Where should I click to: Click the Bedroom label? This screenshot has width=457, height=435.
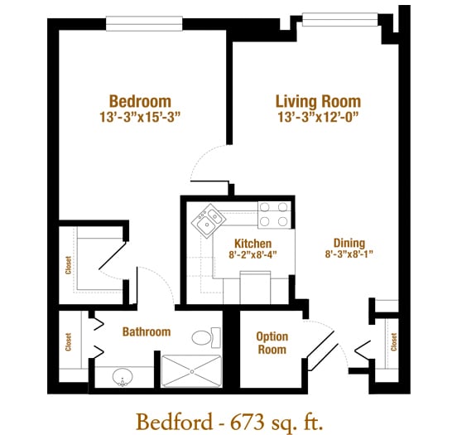pos(140,101)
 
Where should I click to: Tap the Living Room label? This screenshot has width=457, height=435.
pos(318,102)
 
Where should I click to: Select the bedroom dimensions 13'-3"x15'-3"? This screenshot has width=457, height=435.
pos(140,117)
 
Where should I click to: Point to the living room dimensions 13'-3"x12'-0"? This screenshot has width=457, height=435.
pos(318,117)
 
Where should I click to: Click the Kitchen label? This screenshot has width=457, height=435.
pos(253,244)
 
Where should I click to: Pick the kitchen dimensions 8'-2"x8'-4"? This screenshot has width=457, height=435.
pos(253,254)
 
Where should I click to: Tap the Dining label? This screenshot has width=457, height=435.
pos(349,243)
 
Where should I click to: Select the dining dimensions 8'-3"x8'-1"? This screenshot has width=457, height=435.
pos(349,254)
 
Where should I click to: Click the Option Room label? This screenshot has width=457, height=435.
pos(272,343)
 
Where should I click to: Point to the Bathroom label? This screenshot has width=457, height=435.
pos(147,331)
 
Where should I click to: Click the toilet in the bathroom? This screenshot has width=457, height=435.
pos(206,337)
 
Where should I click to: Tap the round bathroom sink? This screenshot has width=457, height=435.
pos(123,377)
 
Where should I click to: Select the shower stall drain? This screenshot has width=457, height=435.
pos(192,371)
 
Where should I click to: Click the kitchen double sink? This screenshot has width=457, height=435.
pos(209,221)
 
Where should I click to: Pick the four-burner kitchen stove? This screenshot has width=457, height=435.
pos(274,215)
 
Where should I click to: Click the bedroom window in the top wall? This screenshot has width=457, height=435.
pos(144,23)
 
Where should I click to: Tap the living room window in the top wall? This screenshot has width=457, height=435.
pos(339,19)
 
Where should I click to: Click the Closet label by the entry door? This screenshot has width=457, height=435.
pos(393,342)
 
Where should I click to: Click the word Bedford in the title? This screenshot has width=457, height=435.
pos(175,422)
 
